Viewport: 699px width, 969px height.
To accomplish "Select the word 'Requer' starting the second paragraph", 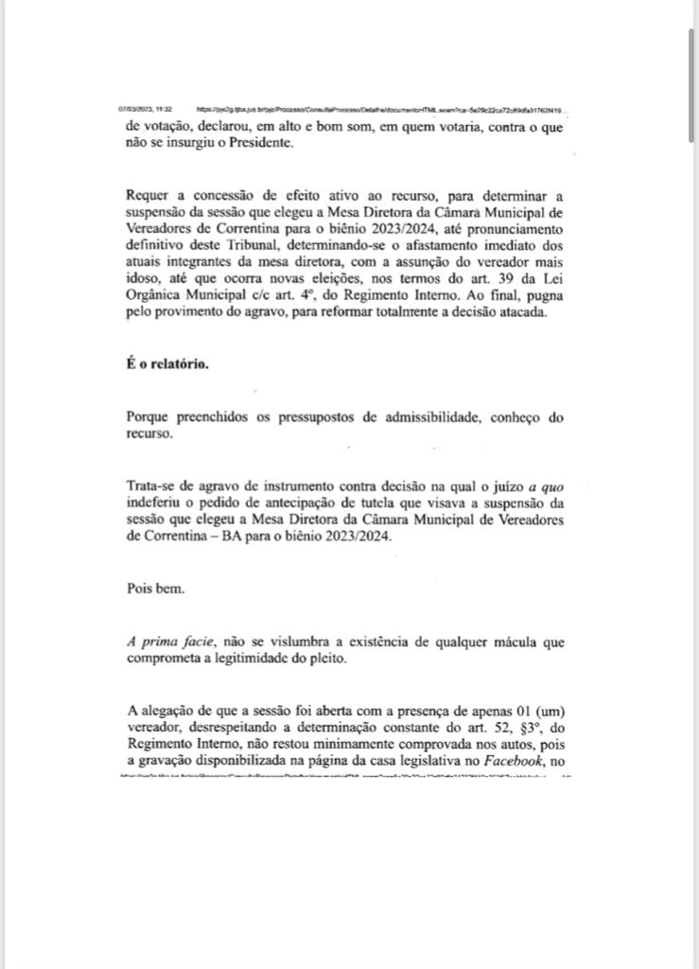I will click(x=151, y=196).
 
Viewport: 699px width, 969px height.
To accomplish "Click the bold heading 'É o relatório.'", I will click(x=169, y=364).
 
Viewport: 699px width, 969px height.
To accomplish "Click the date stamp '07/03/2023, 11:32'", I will click(x=145, y=109).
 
